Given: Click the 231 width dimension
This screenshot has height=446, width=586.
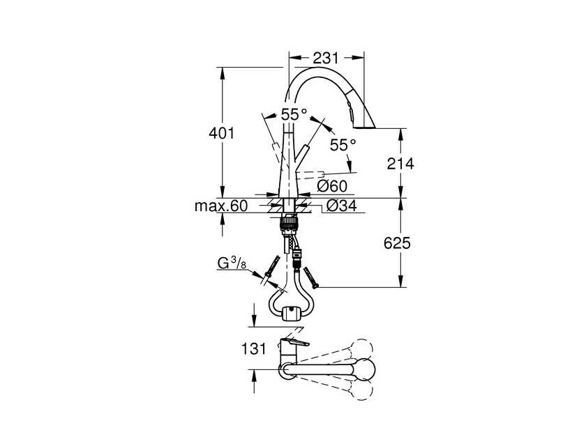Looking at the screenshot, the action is (x=325, y=58).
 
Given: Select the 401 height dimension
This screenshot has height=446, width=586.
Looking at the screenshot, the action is (x=222, y=133).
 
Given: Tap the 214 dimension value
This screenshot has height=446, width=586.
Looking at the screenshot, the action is (x=400, y=164).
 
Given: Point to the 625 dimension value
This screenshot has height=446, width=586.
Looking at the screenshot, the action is (x=397, y=243).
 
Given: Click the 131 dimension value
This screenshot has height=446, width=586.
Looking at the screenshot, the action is (x=254, y=349).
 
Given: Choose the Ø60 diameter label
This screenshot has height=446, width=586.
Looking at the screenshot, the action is (x=332, y=186).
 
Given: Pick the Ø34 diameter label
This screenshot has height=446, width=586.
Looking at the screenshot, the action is (x=342, y=206).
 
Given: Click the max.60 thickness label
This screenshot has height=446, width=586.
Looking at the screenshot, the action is (x=221, y=206).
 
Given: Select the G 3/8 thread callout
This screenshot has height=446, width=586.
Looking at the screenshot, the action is (x=232, y=263).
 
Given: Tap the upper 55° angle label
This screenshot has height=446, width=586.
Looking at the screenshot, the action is (x=294, y=114).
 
